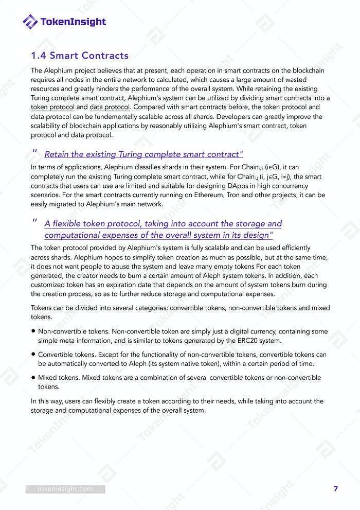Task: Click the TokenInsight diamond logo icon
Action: (x=30, y=22)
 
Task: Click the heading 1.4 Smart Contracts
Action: (x=80, y=56)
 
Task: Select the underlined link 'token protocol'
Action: (x=52, y=107)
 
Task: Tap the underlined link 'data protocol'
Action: (x=110, y=107)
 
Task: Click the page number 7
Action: (x=336, y=489)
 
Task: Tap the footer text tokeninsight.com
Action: (x=65, y=489)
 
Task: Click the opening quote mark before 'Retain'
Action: (x=35, y=152)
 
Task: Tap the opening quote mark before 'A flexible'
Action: (x=35, y=222)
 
